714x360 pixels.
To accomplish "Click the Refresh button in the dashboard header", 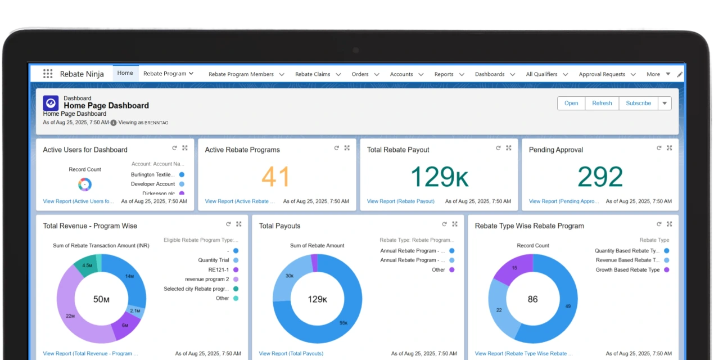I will (x=602, y=103).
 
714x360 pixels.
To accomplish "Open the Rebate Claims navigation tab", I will (x=313, y=74).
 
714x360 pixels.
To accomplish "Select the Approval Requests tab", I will (x=602, y=74).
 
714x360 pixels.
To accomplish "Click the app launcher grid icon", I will (x=48, y=74).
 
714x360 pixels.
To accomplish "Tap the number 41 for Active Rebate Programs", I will (x=275, y=177).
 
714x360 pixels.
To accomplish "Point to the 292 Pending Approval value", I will (x=600, y=177).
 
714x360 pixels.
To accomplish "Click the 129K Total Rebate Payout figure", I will (x=439, y=177).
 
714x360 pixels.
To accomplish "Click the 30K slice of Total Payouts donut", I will (x=289, y=276).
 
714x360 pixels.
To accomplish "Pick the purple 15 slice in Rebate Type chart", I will (x=514, y=268).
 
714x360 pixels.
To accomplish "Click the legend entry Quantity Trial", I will (x=214, y=260).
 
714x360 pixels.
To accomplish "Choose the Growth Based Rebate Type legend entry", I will (x=627, y=270).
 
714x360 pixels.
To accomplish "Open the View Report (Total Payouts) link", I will (x=291, y=354).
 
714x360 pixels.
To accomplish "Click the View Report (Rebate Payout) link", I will (x=400, y=201).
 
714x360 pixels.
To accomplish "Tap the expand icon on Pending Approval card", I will (x=669, y=148).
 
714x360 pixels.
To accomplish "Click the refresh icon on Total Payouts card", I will (x=444, y=224).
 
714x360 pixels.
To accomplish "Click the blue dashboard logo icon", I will (x=51, y=103).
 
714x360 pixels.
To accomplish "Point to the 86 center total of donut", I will (x=532, y=299).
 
